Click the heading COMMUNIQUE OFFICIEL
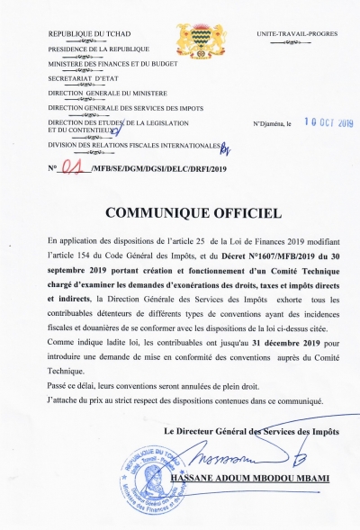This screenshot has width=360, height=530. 186,212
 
